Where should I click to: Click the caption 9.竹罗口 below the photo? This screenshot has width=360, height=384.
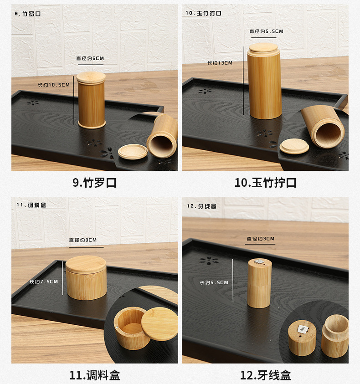click(x=94, y=183)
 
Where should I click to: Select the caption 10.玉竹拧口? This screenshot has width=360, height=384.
click(x=265, y=183)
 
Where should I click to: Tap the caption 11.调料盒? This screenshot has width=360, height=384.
click(x=94, y=375)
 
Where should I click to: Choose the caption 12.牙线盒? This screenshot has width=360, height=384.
click(x=265, y=375)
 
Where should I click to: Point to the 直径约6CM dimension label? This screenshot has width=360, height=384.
click(x=90, y=58)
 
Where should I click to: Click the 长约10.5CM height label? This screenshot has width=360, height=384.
click(x=54, y=85)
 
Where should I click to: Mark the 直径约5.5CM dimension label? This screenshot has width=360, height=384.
click(x=266, y=31)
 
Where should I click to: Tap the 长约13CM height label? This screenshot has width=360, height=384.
click(x=220, y=63)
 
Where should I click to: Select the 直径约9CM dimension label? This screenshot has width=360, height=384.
click(x=83, y=240)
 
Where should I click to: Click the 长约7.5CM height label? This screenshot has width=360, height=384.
click(x=44, y=282)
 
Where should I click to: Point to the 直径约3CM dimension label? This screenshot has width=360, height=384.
click(x=261, y=238)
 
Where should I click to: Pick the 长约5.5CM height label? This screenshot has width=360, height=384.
click(x=214, y=282)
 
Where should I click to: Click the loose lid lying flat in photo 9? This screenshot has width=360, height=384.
click(x=133, y=152)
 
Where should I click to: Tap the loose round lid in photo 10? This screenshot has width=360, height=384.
click(x=294, y=146)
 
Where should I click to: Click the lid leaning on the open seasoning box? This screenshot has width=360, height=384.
click(x=159, y=324)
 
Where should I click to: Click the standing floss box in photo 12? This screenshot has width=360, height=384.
click(x=259, y=283)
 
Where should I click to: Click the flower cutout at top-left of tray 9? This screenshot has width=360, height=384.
click(x=32, y=102)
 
